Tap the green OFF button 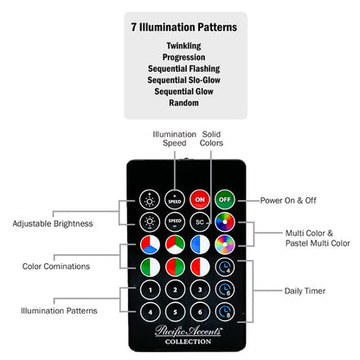pos(225,200)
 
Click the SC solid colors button pos(200,222)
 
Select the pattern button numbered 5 pos(175,312)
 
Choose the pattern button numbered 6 pos(200,312)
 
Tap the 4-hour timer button pos(225,267)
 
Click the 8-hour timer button pos(225,312)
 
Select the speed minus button pos(175,222)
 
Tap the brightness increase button pos(150,200)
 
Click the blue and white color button pos(200,245)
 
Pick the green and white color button pos(150,267)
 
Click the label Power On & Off pos(288,200)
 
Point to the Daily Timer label pos(305,291)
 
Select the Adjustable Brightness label pos(53,223)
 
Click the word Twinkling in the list pos(183,46)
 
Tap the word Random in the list pos(183,103)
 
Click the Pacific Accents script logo pos(189,331)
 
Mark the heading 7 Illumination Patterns pos(184,27)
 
